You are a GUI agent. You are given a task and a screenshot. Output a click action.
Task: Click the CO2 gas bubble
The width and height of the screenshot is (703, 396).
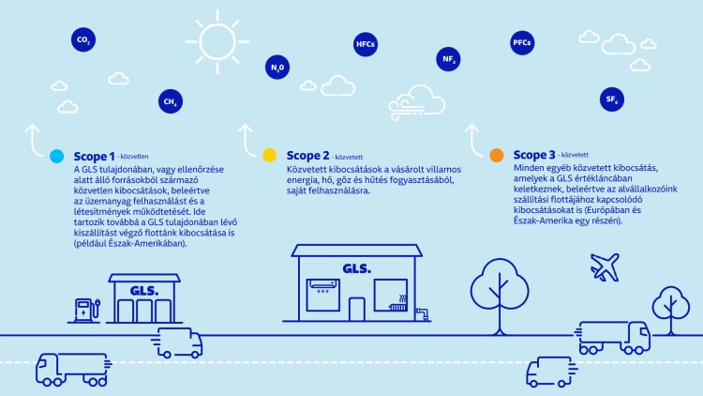[x=83, y=39]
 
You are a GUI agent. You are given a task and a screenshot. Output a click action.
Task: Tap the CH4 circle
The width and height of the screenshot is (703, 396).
[x=171, y=101]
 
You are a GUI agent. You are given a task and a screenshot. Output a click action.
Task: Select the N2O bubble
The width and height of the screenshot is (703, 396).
[x=277, y=68]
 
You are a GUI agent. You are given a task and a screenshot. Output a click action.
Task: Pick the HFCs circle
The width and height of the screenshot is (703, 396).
[x=366, y=44]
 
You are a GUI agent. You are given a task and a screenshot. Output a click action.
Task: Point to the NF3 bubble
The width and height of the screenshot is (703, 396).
[x=448, y=59]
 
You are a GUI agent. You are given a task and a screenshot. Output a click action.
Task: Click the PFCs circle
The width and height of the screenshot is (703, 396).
[x=522, y=42]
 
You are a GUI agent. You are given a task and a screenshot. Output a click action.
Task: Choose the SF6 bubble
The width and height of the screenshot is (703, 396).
[x=612, y=99]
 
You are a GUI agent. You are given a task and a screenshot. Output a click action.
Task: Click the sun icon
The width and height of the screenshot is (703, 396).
[x=217, y=41]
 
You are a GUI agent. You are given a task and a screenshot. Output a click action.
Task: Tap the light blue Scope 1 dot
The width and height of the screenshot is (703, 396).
[x=57, y=156]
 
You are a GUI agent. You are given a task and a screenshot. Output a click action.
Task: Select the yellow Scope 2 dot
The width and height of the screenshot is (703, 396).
[x=269, y=155]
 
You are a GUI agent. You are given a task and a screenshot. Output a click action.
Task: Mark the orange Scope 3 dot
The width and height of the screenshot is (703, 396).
[x=497, y=155]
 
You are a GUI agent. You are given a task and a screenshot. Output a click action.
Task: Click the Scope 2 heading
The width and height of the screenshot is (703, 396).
[x=308, y=156]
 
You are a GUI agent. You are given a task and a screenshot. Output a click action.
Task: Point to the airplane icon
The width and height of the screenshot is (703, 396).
[x=605, y=267]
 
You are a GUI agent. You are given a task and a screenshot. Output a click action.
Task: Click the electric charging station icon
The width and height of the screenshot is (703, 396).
[x=86, y=310]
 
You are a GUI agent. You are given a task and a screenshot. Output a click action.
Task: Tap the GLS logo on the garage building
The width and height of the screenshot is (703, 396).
[x=144, y=291]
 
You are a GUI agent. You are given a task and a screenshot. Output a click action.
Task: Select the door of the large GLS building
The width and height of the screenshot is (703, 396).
[x=357, y=310]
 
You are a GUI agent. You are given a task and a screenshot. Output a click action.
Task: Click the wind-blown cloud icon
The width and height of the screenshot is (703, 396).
[x=417, y=103]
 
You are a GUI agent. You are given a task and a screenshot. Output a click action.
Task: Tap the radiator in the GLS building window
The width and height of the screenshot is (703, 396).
[x=398, y=304]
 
